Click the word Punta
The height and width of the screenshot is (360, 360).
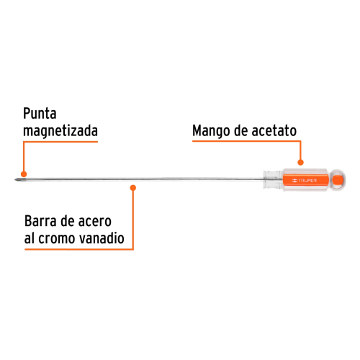coord(40,113)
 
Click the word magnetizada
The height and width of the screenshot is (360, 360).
coord(60,131)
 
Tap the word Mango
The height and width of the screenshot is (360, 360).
coord(211,131)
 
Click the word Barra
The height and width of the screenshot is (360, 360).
coord(41,221)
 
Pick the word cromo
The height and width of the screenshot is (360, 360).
coord(57,239)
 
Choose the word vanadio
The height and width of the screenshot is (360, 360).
coord(102,238)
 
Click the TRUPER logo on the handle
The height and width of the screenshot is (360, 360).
coord(305,181)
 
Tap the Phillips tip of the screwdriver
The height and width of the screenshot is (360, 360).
coord(18,179)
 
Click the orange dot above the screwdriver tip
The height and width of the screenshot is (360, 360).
coord(24,174)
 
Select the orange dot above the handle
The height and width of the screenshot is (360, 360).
coord(300,163)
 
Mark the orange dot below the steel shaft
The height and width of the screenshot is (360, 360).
coord(133,188)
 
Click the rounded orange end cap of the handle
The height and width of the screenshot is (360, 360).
coord(338,180)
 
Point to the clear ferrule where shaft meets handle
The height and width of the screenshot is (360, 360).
coord(273,180)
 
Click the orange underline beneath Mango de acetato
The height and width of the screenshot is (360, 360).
coord(246,141)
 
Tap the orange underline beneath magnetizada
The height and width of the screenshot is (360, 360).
coord(60,142)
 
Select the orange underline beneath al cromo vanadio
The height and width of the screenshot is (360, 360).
coord(79,249)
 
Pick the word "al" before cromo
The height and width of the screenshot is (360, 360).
coord(30,238)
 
